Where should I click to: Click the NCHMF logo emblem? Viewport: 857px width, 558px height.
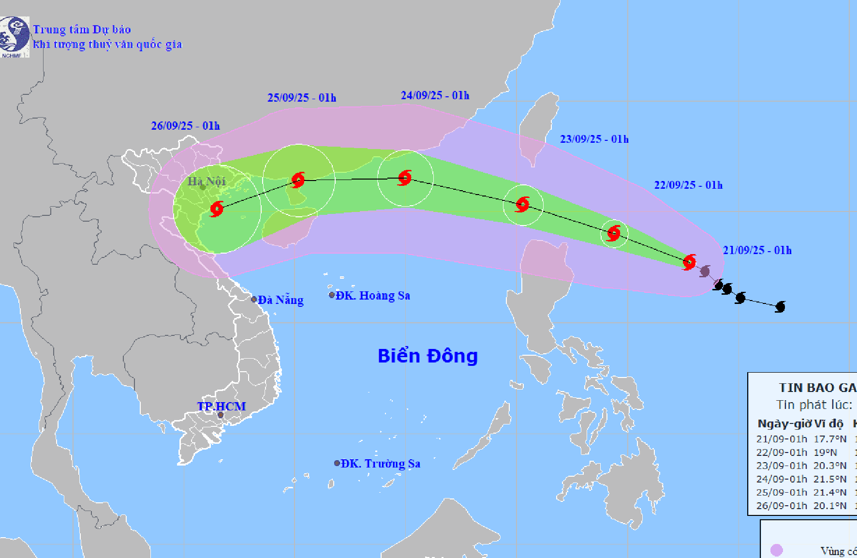15,35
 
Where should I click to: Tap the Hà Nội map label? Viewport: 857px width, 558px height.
207,181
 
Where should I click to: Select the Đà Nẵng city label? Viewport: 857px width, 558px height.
281,300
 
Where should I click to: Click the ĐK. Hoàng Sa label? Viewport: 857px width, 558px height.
373,296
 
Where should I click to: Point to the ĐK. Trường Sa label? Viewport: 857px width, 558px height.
380,464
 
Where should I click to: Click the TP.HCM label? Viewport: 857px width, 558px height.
222,407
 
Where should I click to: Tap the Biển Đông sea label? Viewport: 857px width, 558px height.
428,356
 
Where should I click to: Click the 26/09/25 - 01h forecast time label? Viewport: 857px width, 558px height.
185,126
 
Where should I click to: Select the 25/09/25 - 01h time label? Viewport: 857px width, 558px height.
302,98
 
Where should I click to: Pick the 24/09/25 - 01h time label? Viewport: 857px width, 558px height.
435,95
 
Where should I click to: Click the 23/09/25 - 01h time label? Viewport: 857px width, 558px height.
594,139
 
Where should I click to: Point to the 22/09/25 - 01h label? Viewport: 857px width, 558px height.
688,185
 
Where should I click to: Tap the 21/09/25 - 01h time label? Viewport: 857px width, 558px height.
757,250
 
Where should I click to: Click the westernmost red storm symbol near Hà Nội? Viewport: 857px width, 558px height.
217,209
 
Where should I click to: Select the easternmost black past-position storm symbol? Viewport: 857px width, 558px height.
780,306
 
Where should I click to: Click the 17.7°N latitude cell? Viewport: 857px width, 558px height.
830,439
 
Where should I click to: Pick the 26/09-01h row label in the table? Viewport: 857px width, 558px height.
782,506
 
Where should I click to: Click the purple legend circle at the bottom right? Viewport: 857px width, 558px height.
776,550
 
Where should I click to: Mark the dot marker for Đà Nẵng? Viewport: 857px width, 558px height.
254,300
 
